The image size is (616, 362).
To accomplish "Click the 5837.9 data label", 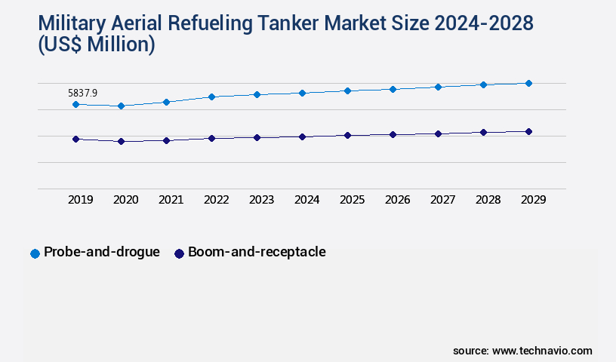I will click(82, 93).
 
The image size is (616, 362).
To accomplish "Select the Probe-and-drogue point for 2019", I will click(75, 104).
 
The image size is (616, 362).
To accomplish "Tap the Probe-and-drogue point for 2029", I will click(528, 83).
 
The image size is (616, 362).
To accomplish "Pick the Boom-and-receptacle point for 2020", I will click(121, 141).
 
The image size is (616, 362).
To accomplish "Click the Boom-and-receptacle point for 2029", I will click(528, 131).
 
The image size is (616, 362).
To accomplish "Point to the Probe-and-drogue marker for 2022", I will click(211, 97).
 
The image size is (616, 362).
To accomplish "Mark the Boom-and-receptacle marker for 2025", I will click(347, 135).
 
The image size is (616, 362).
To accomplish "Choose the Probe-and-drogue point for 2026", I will click(393, 89).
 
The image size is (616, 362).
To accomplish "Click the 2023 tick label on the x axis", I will click(261, 200).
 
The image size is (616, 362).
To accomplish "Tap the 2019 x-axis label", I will click(80, 200).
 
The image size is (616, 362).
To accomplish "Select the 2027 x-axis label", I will click(442, 200).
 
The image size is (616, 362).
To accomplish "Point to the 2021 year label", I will click(171, 200).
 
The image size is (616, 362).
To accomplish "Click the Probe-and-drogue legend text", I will click(102, 252).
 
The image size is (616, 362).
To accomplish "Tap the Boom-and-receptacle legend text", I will click(257, 252).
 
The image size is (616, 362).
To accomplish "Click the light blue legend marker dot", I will click(35, 253).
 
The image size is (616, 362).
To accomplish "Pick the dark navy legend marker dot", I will click(179, 253).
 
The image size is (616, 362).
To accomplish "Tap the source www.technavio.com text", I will click(522, 351).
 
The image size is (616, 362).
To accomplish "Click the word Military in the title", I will click(69, 23).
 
